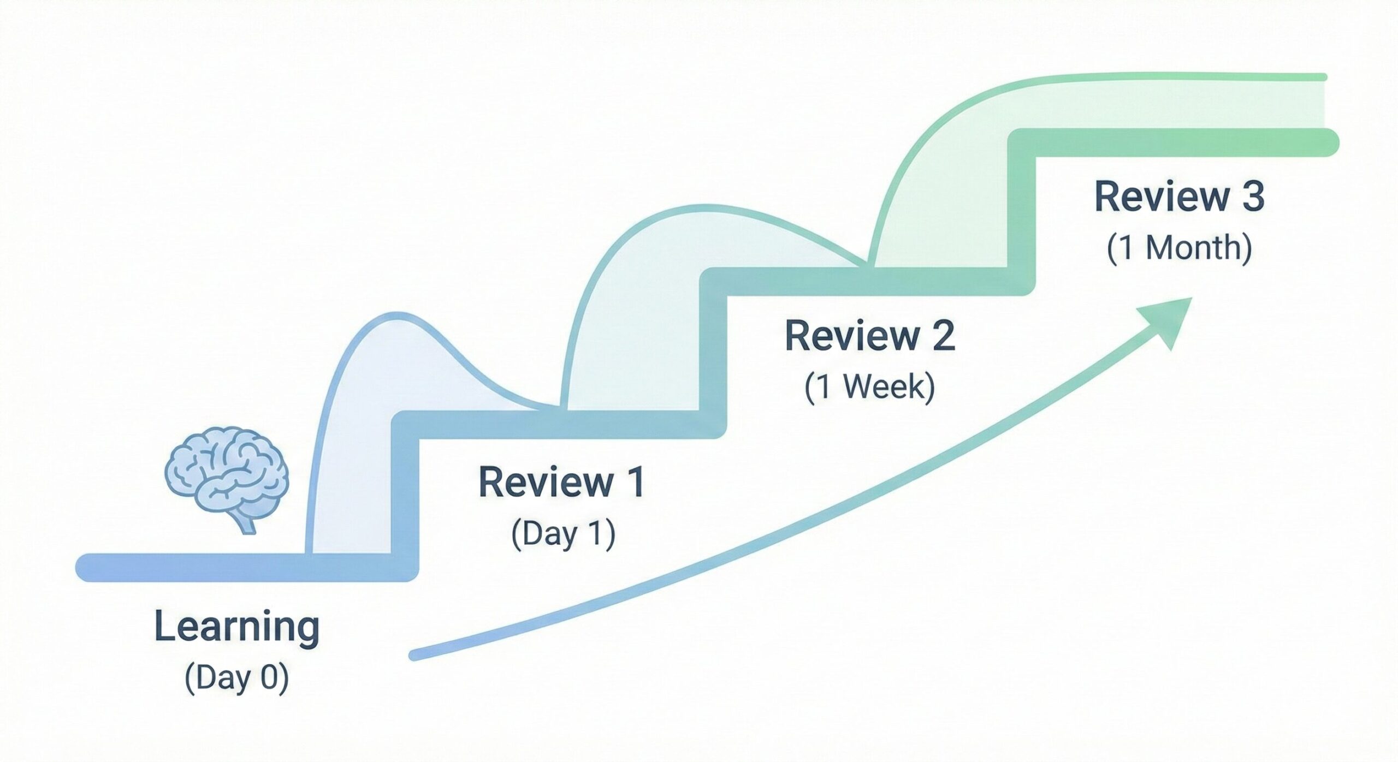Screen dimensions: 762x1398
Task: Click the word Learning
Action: click(237, 628)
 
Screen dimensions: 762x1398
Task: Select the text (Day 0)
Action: click(237, 678)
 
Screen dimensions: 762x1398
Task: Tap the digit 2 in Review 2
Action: click(941, 336)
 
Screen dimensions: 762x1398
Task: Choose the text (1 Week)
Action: click(870, 388)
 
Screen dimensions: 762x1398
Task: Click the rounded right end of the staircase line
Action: click(1327, 143)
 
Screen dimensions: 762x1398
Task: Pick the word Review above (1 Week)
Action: click(852, 336)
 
